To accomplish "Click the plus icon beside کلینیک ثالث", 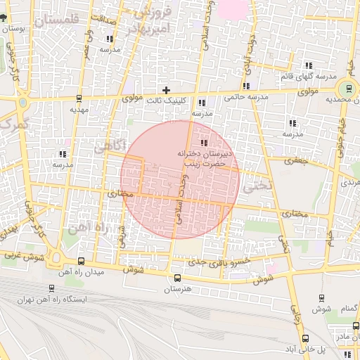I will point(167,90).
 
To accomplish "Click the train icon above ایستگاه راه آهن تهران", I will point(51,288).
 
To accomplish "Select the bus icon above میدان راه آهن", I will point(80,260).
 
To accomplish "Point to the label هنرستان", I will point(177,289).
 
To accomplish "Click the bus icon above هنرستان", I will point(177,278).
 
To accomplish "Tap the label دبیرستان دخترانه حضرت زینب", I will point(204,157).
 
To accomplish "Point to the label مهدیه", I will point(79,110).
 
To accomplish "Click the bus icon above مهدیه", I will point(79,98).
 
